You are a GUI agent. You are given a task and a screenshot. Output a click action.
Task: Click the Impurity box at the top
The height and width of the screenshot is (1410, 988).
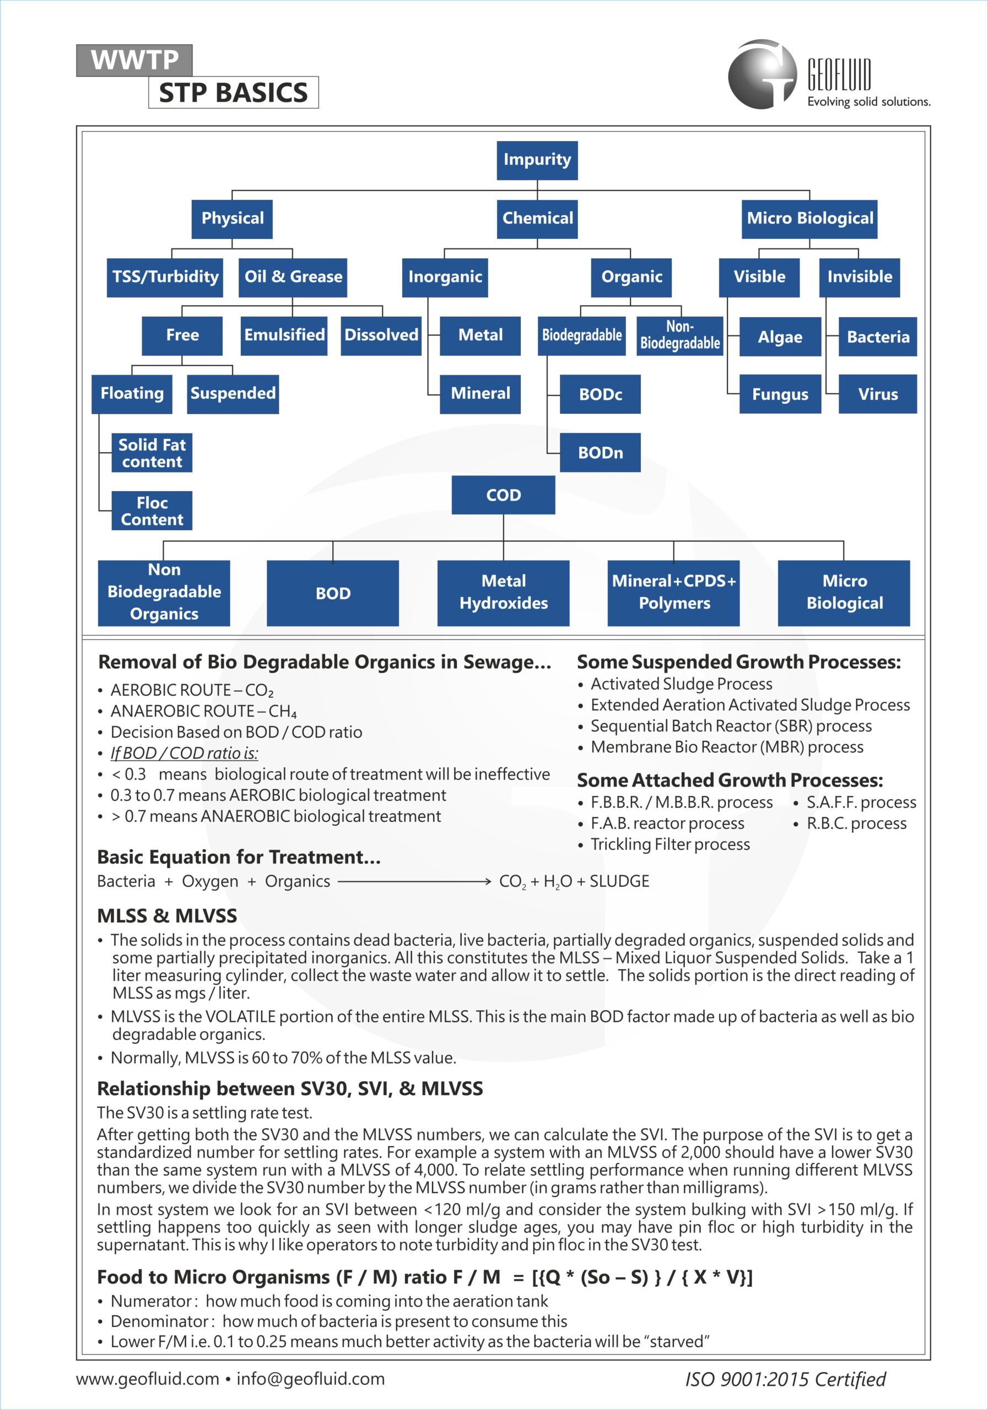point(537,160)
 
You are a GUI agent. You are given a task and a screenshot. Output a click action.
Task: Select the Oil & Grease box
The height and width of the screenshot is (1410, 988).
point(293,277)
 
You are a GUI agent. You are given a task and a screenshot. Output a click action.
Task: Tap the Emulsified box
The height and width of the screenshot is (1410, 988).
point(284,335)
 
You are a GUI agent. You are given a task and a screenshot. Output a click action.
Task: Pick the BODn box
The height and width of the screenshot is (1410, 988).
point(600,453)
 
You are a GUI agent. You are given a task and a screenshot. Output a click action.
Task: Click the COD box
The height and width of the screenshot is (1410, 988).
point(503,495)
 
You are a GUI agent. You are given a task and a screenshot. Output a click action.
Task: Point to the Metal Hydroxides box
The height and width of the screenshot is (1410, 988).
point(503,593)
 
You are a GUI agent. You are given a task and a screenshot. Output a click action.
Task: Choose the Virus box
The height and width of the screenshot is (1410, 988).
point(877,394)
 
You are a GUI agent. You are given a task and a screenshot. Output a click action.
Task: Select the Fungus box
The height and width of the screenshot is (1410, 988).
point(780,394)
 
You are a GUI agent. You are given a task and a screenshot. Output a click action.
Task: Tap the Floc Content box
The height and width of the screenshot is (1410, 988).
point(152,511)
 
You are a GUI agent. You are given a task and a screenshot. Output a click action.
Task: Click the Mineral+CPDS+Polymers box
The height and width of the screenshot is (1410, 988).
point(673,593)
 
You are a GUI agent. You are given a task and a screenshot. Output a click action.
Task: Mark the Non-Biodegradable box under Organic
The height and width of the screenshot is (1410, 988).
point(679,335)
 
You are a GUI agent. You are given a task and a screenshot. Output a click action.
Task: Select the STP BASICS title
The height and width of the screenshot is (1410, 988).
point(234,93)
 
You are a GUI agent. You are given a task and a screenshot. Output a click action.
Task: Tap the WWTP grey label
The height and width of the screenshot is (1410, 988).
point(134,60)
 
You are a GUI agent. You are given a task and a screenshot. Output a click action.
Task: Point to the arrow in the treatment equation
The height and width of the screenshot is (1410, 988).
point(414,882)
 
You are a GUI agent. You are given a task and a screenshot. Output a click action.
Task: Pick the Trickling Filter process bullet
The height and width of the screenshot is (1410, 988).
point(670,844)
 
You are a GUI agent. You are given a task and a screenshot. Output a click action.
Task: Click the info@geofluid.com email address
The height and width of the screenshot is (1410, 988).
point(310,1379)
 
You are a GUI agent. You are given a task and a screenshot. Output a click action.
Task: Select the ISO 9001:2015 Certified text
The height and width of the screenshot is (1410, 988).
point(785,1379)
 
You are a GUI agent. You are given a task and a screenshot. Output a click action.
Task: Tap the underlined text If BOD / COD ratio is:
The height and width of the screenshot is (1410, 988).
point(185,753)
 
